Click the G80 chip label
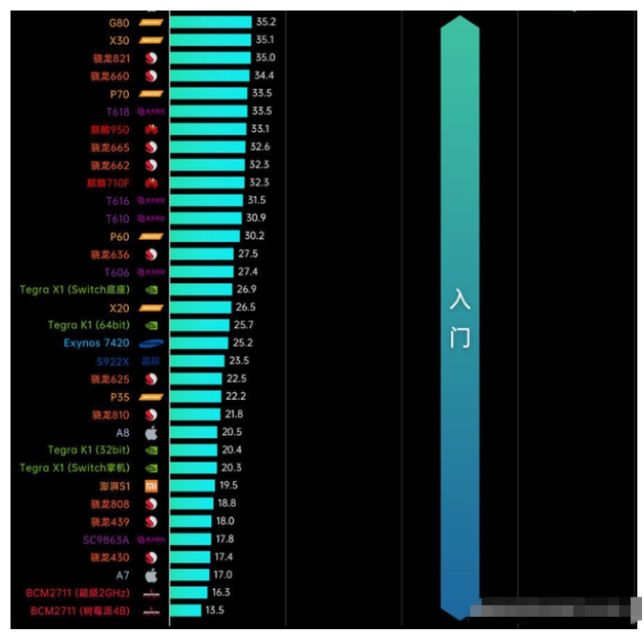click(120, 22)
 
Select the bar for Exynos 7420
click(200, 343)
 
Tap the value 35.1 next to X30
click(265, 40)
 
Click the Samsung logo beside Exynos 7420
click(151, 343)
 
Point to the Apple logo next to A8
click(150, 432)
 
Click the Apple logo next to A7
click(150, 575)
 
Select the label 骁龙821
click(111, 58)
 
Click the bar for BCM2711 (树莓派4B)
click(185, 610)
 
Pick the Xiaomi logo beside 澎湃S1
click(150, 486)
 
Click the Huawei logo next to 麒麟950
click(150, 129)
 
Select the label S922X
click(113, 361)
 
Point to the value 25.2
click(243, 343)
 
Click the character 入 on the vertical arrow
click(461, 299)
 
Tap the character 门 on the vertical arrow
click(461, 338)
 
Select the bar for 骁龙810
click(195, 414)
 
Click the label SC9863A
click(105, 539)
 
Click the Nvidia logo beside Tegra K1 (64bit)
click(150, 325)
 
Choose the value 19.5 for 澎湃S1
click(227, 486)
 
